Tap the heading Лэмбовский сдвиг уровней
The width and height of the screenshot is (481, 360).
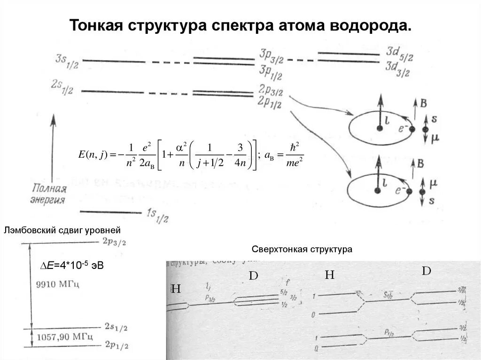pyautogui.click(x=62, y=230)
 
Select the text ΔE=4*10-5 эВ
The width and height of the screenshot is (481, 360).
pyautogui.click(x=72, y=266)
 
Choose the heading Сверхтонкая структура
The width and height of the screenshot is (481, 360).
pyautogui.click(x=302, y=249)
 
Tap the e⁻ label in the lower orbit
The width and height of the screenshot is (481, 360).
pyautogui.click(x=400, y=190)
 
